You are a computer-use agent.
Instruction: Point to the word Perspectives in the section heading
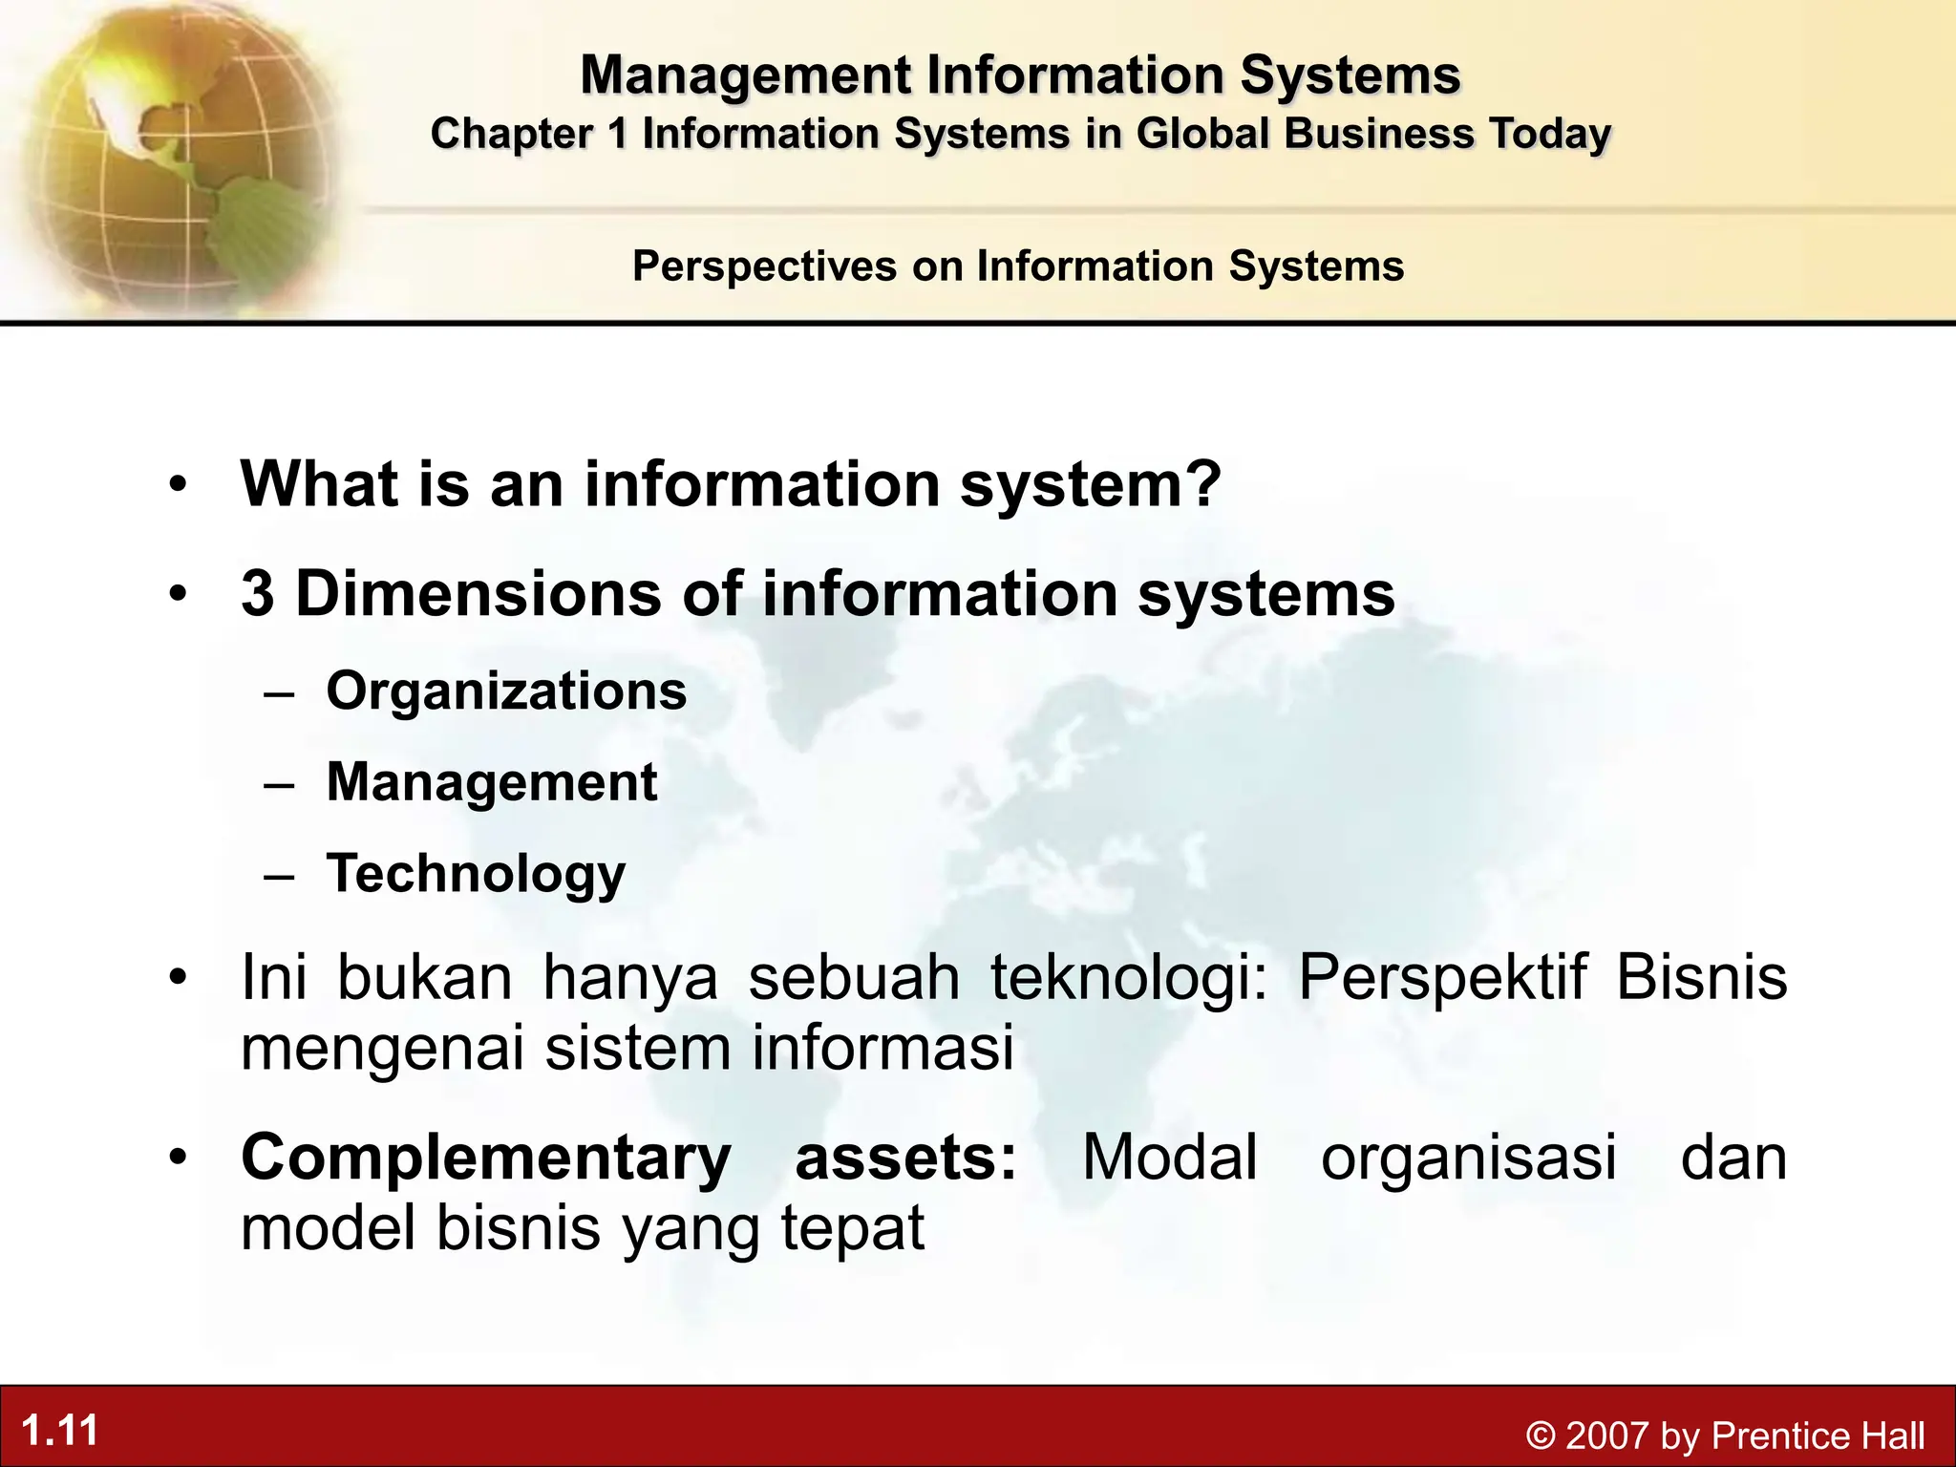pos(764,266)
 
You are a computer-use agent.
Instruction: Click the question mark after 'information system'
pos(1205,484)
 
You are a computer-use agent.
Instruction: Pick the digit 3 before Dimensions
pos(258,593)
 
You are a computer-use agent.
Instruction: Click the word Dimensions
pos(478,593)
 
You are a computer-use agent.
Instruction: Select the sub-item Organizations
pos(506,691)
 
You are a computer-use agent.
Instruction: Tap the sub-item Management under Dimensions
pos(492,782)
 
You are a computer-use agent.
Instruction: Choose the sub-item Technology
pos(476,874)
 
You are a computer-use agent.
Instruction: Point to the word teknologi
pos(1128,978)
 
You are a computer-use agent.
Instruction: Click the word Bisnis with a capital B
pos(1701,978)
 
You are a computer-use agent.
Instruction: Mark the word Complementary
pos(485,1158)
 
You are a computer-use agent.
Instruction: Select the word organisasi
pos(1468,1158)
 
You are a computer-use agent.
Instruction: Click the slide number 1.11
pos(60,1431)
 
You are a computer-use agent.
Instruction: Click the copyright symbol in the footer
pos(1540,1435)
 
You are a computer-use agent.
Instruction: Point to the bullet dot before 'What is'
pos(176,486)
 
